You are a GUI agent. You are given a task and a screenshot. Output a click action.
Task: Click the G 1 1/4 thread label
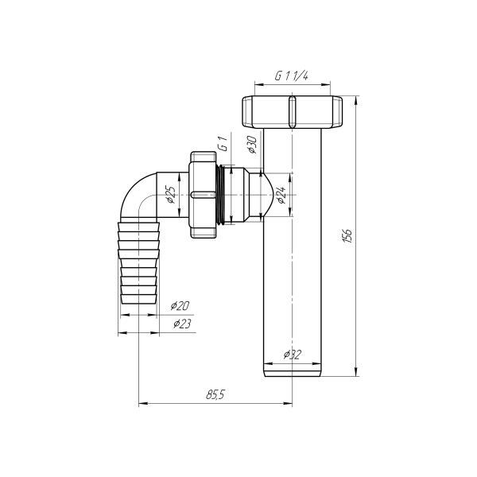point(292,77)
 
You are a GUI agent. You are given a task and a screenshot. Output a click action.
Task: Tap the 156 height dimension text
point(347,235)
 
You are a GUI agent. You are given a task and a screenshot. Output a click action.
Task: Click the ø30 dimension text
point(250,145)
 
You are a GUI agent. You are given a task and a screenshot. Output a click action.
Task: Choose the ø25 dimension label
point(169,196)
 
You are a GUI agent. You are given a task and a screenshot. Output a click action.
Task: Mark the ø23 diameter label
point(182,324)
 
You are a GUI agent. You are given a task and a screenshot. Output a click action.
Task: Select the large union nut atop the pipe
point(292,112)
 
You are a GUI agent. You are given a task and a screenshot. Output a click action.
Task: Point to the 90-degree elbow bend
point(135,195)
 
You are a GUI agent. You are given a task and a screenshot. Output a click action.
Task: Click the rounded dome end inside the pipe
point(277,195)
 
